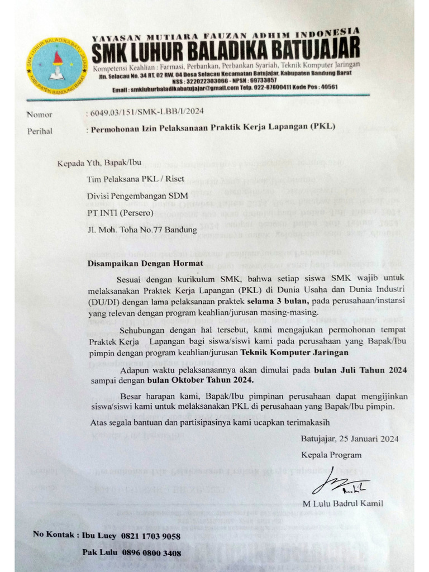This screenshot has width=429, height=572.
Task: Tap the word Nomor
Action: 39,115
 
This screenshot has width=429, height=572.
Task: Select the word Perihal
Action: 40,131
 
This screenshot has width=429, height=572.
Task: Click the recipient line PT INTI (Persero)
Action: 116,213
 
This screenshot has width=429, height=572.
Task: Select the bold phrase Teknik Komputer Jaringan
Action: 295,352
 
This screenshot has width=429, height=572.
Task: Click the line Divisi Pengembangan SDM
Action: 138,196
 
